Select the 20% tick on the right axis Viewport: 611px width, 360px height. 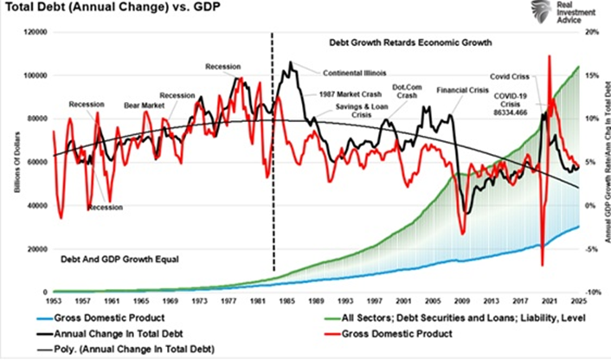[x=591, y=32]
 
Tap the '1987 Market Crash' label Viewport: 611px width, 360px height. [x=352, y=92]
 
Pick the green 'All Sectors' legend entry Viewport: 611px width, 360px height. [x=425, y=318]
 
